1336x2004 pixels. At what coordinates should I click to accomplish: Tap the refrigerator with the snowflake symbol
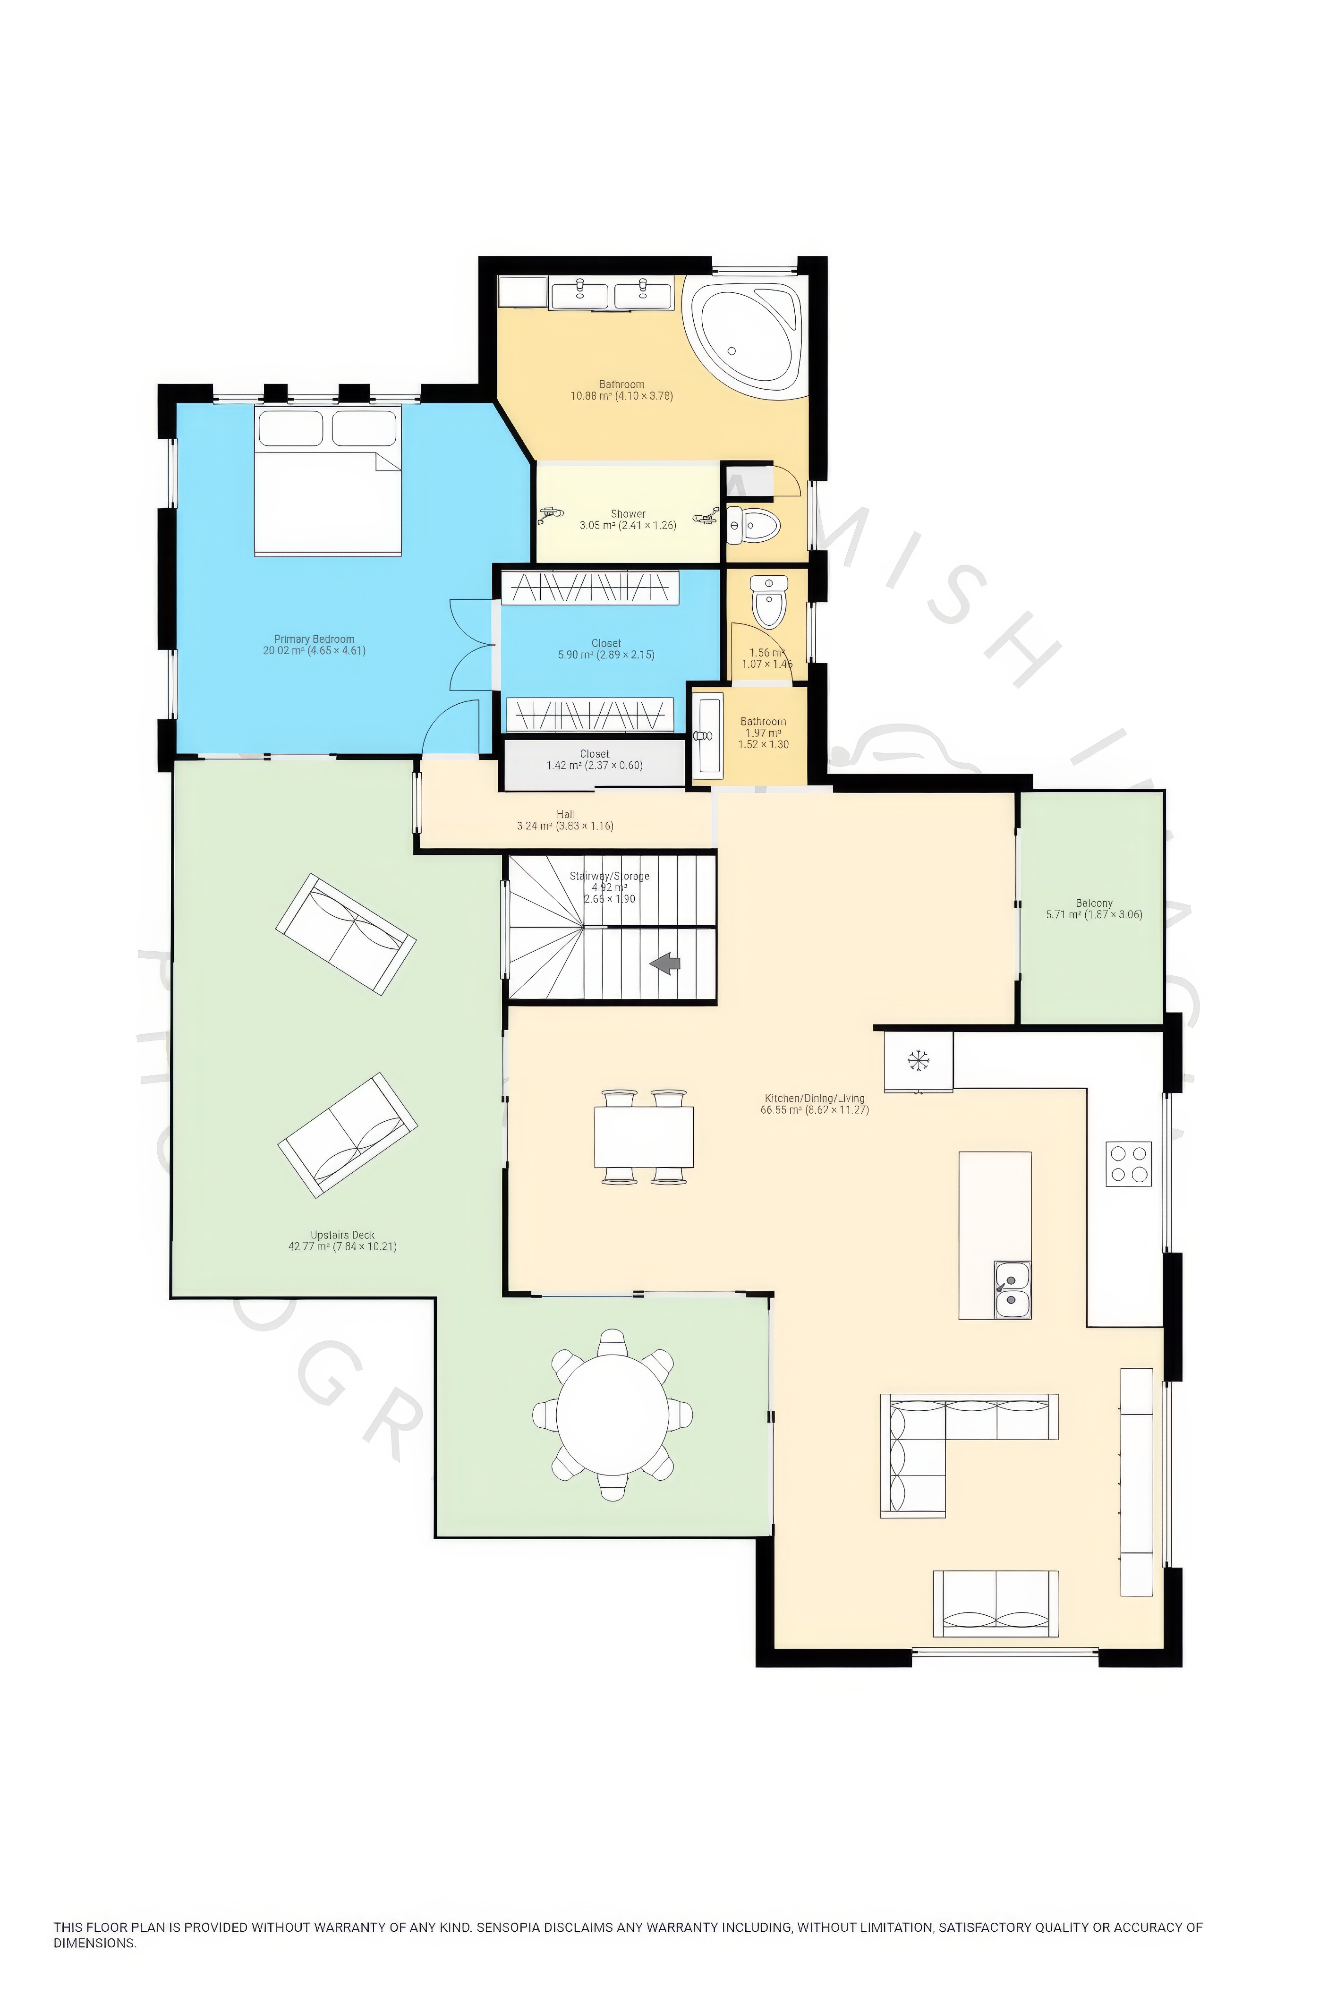pyautogui.click(x=918, y=1061)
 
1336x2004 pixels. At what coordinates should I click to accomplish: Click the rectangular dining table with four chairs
pyautogui.click(x=643, y=1137)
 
